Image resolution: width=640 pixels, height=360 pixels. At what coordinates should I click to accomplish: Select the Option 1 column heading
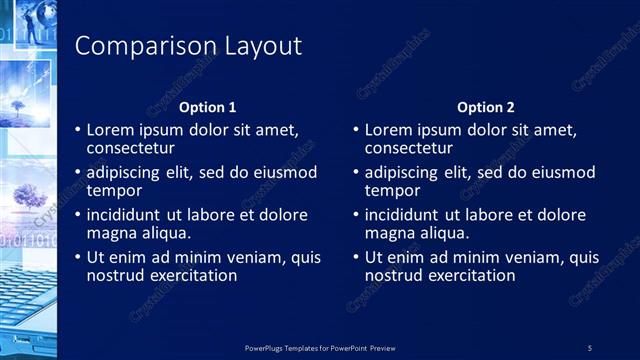coord(207,107)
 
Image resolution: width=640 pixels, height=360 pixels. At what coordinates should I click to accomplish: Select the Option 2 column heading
coord(486,107)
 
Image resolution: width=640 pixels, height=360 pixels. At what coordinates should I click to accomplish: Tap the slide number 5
coord(591,347)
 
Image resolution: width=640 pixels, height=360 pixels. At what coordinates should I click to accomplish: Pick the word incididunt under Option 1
coord(127,215)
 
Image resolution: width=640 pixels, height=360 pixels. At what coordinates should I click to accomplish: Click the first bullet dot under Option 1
coord(78,130)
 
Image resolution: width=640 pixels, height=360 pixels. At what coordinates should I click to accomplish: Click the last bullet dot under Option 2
coord(356,257)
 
